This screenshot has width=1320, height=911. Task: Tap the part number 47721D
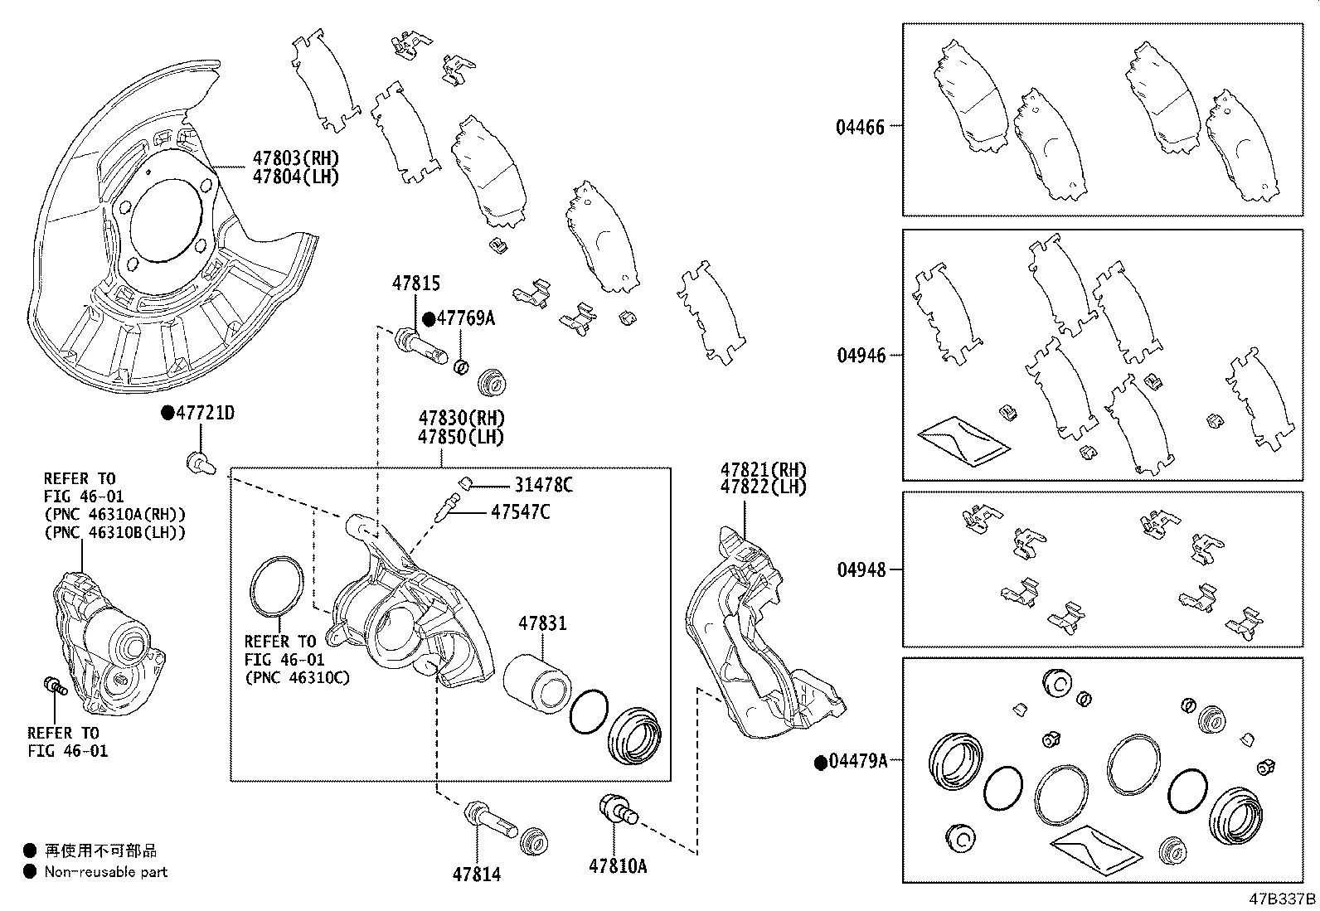tap(204, 413)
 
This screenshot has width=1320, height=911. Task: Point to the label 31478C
tap(543, 485)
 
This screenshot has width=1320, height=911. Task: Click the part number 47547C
tap(520, 512)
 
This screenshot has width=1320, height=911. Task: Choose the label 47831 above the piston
tap(542, 623)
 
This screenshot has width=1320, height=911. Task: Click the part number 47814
tap(477, 874)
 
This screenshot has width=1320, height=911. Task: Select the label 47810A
tap(618, 866)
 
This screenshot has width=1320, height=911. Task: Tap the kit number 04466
tap(860, 127)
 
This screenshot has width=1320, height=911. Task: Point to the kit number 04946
tap(861, 356)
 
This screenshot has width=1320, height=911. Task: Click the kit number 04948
tap(861, 569)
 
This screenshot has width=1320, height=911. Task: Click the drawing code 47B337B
tap(1282, 899)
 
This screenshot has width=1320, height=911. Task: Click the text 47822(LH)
tap(763, 487)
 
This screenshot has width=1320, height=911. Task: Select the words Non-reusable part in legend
tap(105, 871)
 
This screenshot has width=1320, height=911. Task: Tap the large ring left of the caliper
tap(276, 589)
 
